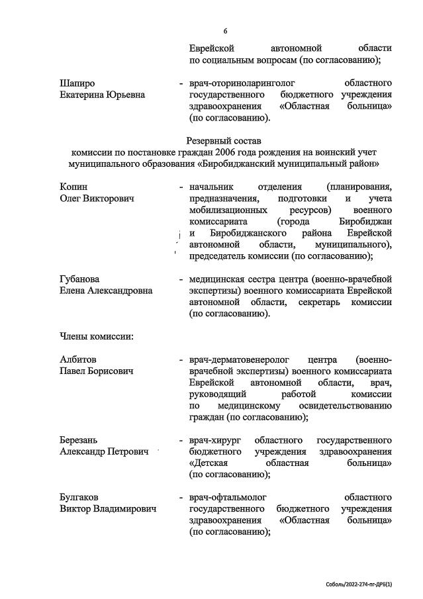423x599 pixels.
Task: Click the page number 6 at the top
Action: (x=225, y=31)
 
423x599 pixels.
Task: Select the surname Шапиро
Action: (x=77, y=83)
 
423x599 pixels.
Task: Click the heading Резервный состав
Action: (x=224, y=141)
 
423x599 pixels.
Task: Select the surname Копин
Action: (x=73, y=187)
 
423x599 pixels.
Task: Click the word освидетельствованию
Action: (x=342, y=405)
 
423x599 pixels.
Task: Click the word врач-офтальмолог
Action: (x=230, y=497)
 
